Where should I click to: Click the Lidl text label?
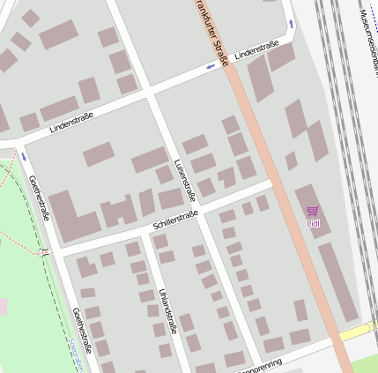pyautogui.click(x=313, y=223)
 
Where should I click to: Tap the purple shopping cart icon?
pyautogui.click(x=313, y=211)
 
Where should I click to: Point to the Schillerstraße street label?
pyautogui.click(x=175, y=220)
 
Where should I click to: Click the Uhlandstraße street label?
pyautogui.click(x=167, y=310)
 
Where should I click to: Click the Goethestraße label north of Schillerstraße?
pyautogui.click(x=40, y=198)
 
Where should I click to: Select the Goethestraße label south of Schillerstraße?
pyautogui.click(x=83, y=331)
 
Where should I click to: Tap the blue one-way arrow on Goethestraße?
pyautogui.click(x=24, y=157)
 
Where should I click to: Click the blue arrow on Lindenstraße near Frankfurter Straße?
pyautogui.click(x=210, y=67)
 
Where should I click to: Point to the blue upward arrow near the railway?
pyautogui.click(x=291, y=24)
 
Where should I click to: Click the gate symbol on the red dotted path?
pyautogui.click(x=44, y=252)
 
